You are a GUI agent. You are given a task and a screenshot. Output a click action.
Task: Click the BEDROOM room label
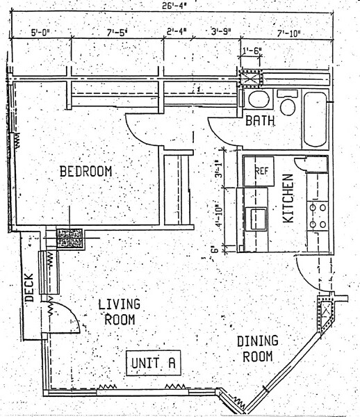[x=85, y=171]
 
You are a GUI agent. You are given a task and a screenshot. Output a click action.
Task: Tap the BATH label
[x=260, y=121]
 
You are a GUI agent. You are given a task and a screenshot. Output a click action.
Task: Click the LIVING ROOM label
[x=119, y=312]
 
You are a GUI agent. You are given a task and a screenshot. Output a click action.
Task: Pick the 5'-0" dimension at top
[x=43, y=32]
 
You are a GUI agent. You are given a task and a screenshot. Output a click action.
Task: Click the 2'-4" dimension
[x=179, y=32]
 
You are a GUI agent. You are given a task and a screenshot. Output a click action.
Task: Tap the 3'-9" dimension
[x=222, y=32]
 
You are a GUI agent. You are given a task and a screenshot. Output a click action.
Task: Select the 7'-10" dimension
[x=291, y=33]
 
